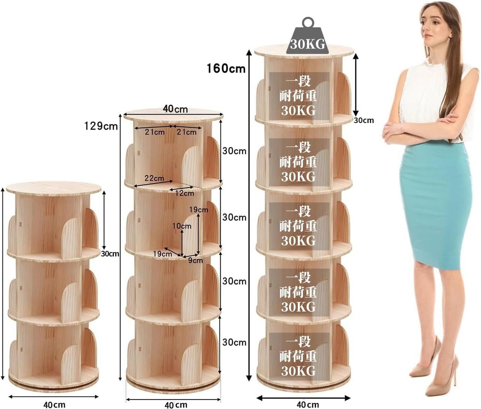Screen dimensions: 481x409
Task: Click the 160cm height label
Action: pyautogui.click(x=226, y=68)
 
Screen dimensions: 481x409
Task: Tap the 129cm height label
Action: pyautogui.click(x=101, y=126)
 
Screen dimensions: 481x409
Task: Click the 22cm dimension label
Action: pyautogui.click(x=154, y=178)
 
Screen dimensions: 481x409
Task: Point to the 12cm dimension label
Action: pyautogui.click(x=185, y=193)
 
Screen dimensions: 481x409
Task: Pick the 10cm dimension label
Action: pyautogui.click(x=182, y=226)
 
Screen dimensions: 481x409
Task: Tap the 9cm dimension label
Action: pyautogui.click(x=195, y=260)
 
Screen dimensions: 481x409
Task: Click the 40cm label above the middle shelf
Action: pyautogui.click(x=175, y=109)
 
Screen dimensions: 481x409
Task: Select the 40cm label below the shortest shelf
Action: pyautogui.click(x=54, y=405)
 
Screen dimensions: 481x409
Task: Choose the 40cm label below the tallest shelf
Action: pyautogui.click(x=307, y=404)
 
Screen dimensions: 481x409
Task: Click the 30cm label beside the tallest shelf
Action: pyautogui.click(x=364, y=120)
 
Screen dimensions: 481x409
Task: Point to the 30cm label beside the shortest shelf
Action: pyautogui.click(x=110, y=254)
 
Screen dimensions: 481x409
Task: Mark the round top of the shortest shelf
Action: pyautogui.click(x=54, y=187)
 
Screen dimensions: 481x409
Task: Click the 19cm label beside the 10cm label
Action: pyautogui.click(x=198, y=210)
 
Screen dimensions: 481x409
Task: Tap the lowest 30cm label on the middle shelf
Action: pyautogui.click(x=234, y=342)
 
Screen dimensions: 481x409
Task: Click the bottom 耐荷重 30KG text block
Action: pyautogui.click(x=298, y=356)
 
